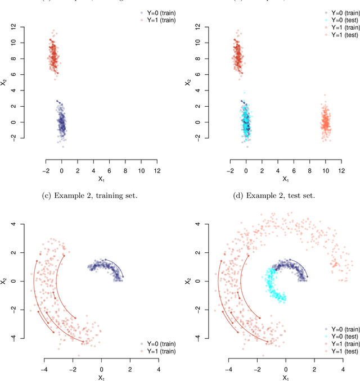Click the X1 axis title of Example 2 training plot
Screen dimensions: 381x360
101,378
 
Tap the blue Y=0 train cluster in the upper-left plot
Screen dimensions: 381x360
62,123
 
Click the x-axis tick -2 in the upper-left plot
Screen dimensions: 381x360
46,170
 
